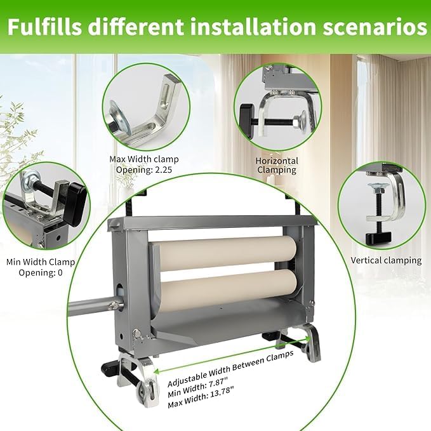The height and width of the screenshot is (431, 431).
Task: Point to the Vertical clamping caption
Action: click(x=386, y=260)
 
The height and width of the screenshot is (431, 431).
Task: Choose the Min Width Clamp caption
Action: click(x=41, y=262)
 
